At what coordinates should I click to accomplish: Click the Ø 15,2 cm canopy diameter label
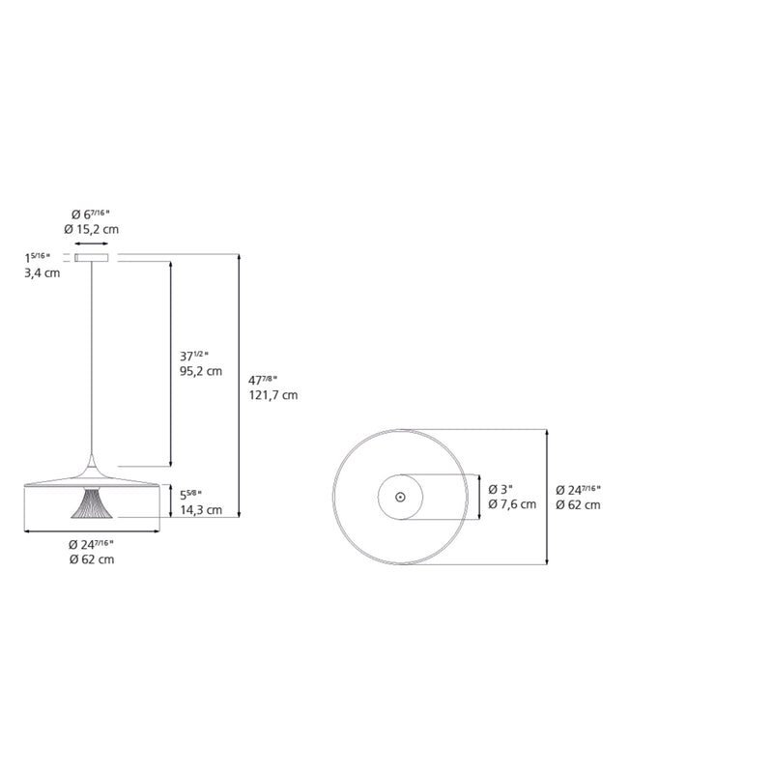coord(91,229)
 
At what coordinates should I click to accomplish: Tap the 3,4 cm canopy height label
coord(42,273)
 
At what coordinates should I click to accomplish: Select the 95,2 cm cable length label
coord(201,370)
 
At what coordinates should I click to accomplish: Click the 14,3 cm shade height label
coord(201,509)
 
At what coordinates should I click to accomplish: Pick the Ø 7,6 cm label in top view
coord(512,504)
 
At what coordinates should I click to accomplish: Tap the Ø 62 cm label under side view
coord(91,559)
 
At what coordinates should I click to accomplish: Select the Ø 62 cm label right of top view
coord(579,504)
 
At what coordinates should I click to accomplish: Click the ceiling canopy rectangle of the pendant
coord(92,258)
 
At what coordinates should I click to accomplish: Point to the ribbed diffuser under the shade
coord(92,504)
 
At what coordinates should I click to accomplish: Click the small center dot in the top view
coord(400,497)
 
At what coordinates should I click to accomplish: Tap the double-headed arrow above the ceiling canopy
coord(92,245)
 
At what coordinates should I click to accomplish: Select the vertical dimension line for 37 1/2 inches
coord(171,362)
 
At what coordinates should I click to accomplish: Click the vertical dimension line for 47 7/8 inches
coord(239,386)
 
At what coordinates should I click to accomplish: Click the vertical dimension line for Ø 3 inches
coord(480,497)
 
